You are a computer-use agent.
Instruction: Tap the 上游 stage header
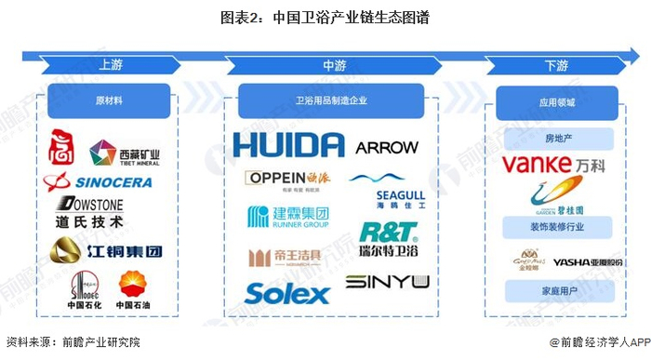coord(109,65)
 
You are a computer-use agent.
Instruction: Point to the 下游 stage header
coord(556,65)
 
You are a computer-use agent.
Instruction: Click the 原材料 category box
coord(109,100)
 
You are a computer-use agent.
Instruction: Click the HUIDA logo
coord(288,145)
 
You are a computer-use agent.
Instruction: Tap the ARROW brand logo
coord(387,147)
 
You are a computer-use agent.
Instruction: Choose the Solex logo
coord(287,294)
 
